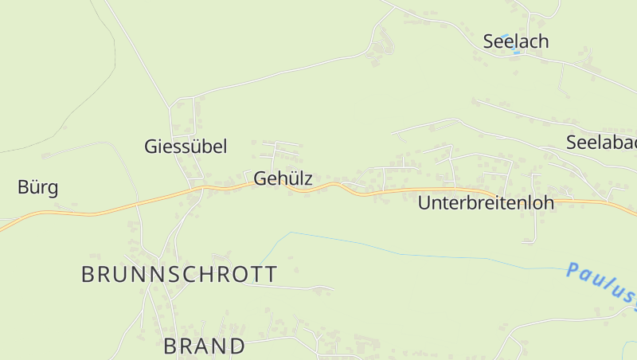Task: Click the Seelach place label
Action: (516, 41)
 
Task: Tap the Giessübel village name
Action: (186, 147)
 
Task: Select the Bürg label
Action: (37, 188)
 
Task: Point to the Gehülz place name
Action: (283, 179)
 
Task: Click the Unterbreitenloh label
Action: (486, 203)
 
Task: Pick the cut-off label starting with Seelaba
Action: (601, 143)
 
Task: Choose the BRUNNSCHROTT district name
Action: (180, 275)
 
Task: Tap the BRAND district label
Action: (205, 346)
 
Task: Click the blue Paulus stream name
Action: (601, 284)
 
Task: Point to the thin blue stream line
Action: (398, 251)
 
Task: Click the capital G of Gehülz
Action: (260, 179)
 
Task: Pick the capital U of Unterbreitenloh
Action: (424, 203)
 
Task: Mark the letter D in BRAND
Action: (236, 346)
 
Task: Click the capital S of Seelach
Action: (490, 41)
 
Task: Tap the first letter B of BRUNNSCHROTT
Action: (88, 275)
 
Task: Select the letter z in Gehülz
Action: (307, 180)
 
